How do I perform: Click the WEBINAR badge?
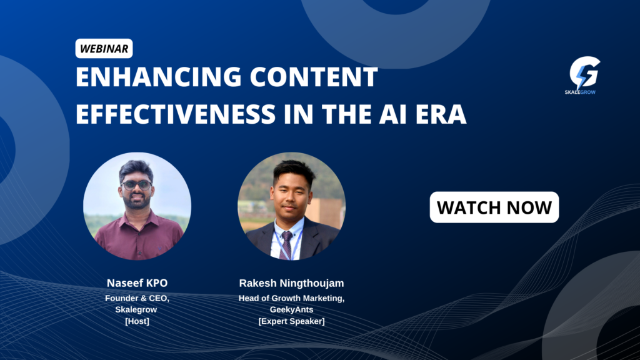point(104,49)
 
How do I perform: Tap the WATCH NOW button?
point(494,207)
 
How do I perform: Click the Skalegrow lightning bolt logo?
point(585,72)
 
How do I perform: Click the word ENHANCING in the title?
point(159,77)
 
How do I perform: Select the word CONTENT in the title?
point(314,77)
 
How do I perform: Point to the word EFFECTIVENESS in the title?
point(176,114)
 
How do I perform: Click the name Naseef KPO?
point(137,283)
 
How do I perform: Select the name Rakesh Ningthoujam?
point(291,283)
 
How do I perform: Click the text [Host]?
point(137,321)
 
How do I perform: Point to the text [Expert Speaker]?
point(291,321)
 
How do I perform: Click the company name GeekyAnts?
point(291,310)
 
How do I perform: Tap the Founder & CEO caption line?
point(137,298)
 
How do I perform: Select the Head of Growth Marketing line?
point(291,298)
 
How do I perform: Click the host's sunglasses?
point(136,185)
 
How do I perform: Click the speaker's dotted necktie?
point(286,244)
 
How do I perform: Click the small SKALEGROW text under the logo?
point(580,92)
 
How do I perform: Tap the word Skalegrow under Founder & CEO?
point(136,310)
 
